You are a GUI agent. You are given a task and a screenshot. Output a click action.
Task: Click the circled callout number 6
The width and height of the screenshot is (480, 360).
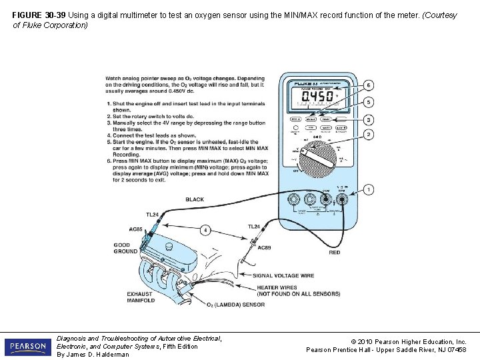(369, 85)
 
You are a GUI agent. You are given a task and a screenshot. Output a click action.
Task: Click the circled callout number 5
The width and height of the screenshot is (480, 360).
(369, 103)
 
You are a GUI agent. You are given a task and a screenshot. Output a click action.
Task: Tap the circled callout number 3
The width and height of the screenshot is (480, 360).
(369, 119)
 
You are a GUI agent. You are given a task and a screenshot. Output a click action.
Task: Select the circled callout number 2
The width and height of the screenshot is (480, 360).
(369, 135)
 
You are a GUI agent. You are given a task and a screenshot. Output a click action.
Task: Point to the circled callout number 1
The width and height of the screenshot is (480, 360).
(369, 190)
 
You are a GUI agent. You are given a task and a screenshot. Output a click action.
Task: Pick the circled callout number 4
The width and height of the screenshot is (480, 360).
(206, 230)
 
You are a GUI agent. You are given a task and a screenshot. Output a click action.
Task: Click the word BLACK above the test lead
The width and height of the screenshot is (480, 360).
(195, 199)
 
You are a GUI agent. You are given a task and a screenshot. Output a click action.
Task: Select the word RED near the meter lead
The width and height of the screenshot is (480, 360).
(334, 253)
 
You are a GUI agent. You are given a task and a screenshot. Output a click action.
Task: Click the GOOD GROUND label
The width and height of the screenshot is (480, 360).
(126, 248)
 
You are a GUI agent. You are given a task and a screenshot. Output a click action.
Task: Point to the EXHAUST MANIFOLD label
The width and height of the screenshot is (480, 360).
(141, 297)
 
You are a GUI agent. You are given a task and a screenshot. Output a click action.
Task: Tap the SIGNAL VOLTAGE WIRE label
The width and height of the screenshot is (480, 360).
(283, 275)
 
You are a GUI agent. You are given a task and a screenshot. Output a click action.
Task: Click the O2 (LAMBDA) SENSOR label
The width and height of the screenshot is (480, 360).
(235, 305)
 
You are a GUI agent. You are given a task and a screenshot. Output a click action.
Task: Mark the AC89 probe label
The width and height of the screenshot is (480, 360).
(264, 248)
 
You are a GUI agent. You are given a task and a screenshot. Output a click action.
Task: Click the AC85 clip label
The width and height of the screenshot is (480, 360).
(136, 229)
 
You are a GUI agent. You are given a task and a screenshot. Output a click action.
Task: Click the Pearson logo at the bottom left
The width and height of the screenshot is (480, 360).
(27, 347)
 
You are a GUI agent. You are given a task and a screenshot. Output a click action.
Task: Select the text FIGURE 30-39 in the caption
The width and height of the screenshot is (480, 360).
(37, 15)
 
